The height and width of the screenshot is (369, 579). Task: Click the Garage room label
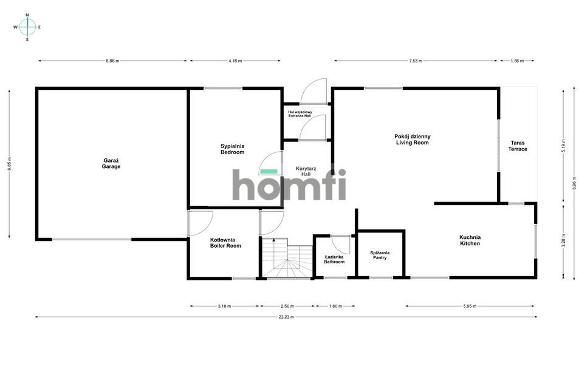pyautogui.click(x=111, y=163)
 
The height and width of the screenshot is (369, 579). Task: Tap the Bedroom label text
pyautogui.click(x=232, y=149)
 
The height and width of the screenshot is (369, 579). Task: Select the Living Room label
pyautogui.click(x=412, y=140)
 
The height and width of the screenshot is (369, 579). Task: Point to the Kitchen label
pyautogui.click(x=470, y=240)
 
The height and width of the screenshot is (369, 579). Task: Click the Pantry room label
pyautogui.click(x=380, y=256)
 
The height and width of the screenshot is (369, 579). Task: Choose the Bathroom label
pyautogui.click(x=334, y=259)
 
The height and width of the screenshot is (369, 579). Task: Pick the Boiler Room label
pyautogui.click(x=225, y=243)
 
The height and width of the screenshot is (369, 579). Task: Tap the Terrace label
pyautogui.click(x=518, y=146)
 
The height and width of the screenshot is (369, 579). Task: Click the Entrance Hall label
pyautogui.click(x=300, y=113)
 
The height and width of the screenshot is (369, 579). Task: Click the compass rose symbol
pyautogui.click(x=27, y=27)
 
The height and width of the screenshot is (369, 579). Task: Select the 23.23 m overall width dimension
pyautogui.click(x=286, y=317)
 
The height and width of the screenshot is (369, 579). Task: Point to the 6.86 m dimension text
pyautogui.click(x=112, y=61)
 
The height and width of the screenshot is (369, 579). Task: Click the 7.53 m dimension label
pyautogui.click(x=416, y=61)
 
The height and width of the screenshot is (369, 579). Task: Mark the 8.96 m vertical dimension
pyautogui.click(x=574, y=183)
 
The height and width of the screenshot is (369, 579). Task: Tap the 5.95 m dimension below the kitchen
pyautogui.click(x=470, y=306)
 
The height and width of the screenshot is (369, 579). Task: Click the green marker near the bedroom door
pyautogui.click(x=269, y=171)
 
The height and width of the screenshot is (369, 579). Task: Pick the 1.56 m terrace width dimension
pyautogui.click(x=518, y=61)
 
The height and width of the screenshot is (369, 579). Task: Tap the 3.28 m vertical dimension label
pyautogui.click(x=563, y=240)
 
